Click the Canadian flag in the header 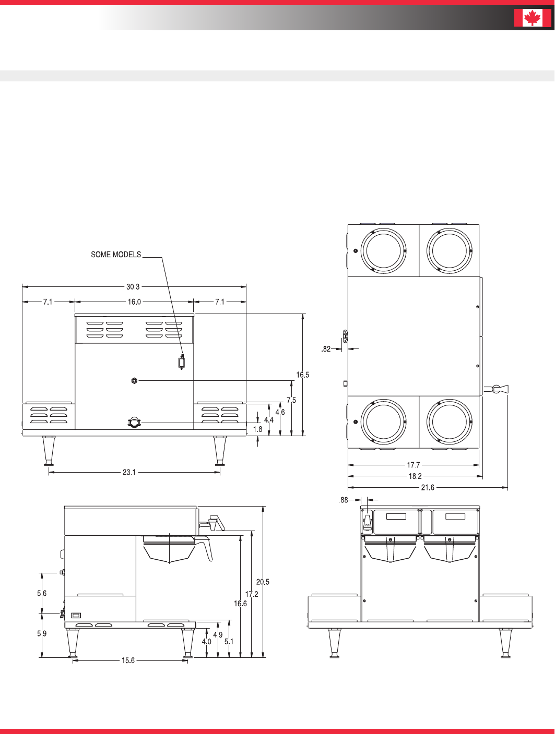[533, 18]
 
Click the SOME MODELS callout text [116, 255]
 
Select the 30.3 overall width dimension [133, 286]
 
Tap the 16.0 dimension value [134, 302]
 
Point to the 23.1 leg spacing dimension [129, 472]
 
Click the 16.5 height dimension [302, 375]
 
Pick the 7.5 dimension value [291, 400]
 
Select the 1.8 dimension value [257, 429]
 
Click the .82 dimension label [326, 349]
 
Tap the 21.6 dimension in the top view [428, 488]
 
